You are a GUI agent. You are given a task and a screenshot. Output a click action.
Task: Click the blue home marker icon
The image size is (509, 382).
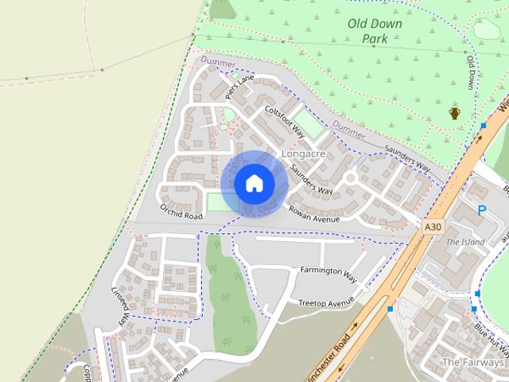click(x=254, y=183)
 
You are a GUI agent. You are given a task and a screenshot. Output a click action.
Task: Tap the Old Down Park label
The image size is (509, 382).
click(x=375, y=31)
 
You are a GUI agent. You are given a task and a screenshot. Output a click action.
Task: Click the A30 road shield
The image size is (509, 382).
click(x=432, y=228)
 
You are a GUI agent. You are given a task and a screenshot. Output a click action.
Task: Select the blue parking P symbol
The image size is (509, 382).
click(x=481, y=210)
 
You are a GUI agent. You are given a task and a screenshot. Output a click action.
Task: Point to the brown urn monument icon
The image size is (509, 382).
click(x=455, y=113)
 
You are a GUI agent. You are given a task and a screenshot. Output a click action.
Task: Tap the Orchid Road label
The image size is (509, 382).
click(x=181, y=211)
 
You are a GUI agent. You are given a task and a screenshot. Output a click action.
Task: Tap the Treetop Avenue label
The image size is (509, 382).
click(x=325, y=302)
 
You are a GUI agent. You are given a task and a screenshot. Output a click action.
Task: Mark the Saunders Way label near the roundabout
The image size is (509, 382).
click(x=311, y=180)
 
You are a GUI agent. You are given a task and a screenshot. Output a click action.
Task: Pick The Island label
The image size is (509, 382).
click(x=464, y=241)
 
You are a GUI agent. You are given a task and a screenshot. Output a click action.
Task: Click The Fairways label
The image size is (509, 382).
click(x=473, y=362)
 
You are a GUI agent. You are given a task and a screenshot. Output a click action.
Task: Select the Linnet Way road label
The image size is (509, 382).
click(x=119, y=306)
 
